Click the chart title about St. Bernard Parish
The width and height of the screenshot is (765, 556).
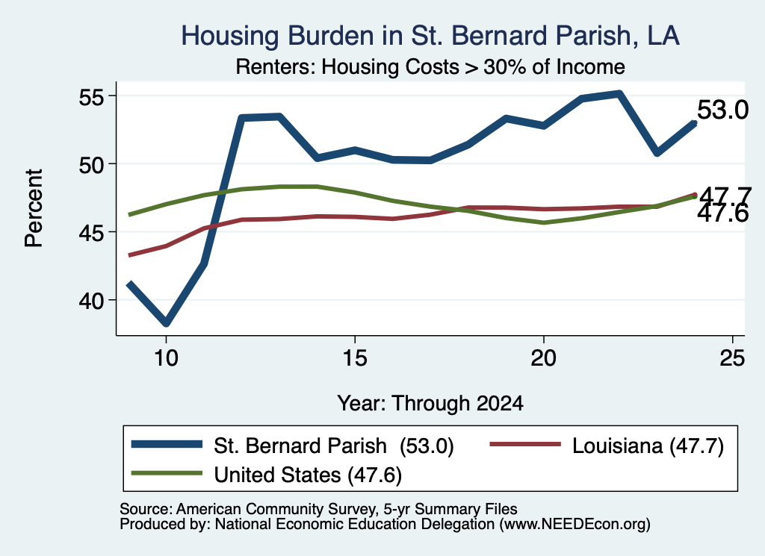(x=430, y=36)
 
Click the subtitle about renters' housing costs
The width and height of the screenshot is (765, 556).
(x=430, y=67)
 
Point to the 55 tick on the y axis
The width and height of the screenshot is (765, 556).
(x=92, y=97)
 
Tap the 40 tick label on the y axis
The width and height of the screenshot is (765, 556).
(x=92, y=301)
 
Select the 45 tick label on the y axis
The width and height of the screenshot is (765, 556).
(x=92, y=232)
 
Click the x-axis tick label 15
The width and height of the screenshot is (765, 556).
(x=355, y=359)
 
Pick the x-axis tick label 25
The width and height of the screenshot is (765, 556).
(x=732, y=359)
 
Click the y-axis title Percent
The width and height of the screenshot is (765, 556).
(x=34, y=208)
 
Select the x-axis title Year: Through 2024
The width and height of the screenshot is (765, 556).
(x=430, y=404)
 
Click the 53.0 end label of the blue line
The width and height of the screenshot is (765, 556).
(x=722, y=110)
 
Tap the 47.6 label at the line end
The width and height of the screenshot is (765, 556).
(x=722, y=214)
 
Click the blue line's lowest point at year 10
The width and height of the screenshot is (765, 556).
(x=167, y=322)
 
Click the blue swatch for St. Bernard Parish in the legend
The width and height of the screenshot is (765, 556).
(x=167, y=444)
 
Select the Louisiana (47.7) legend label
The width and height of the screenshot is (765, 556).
(x=648, y=446)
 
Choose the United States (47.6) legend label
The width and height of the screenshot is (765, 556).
(x=308, y=475)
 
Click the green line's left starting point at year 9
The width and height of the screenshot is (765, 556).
(x=128, y=214)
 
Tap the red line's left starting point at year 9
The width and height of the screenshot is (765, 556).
(x=128, y=254)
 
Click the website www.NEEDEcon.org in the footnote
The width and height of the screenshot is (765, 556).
(x=574, y=525)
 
